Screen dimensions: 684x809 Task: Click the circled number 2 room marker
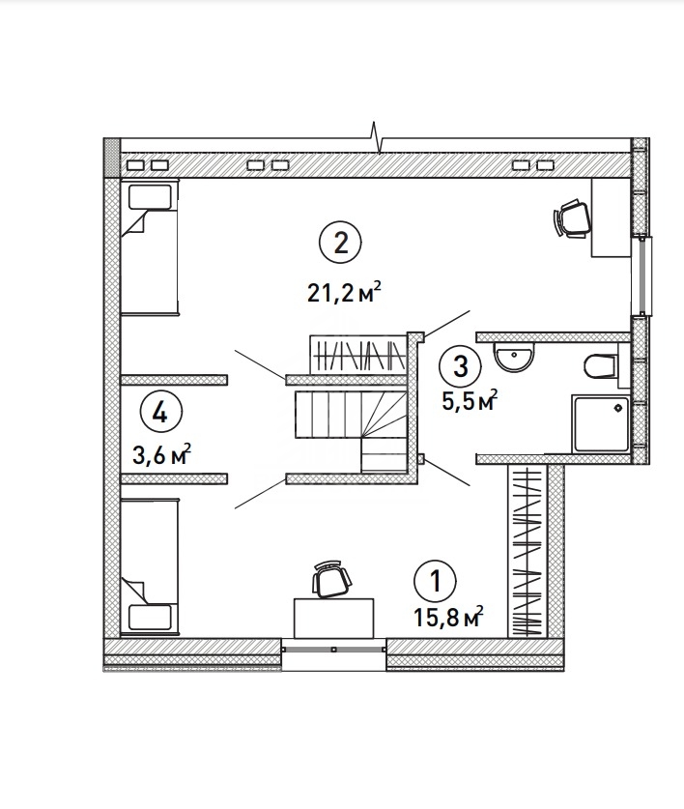coord(340,243)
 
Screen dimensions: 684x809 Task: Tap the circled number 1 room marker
coord(436,582)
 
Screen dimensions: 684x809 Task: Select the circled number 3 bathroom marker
coord(460,366)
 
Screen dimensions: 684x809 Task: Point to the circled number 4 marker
coord(161,413)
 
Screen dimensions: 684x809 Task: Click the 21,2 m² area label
coord(344,293)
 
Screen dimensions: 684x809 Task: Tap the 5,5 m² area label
coord(470,400)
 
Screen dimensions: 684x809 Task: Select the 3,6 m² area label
coord(162,454)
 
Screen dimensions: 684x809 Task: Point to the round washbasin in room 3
coord(513,356)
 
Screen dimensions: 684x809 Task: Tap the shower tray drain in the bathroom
coord(618,409)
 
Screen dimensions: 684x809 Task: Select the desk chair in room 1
coord(331,579)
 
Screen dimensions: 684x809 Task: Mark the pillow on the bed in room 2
coord(150,197)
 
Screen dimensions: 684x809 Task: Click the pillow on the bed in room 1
coord(150,617)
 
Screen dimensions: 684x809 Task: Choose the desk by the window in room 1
coord(333,618)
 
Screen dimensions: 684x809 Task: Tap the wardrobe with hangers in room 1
coord(527,551)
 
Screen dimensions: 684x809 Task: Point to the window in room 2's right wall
coord(641,275)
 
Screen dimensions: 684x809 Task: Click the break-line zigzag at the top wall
coord(377,138)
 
